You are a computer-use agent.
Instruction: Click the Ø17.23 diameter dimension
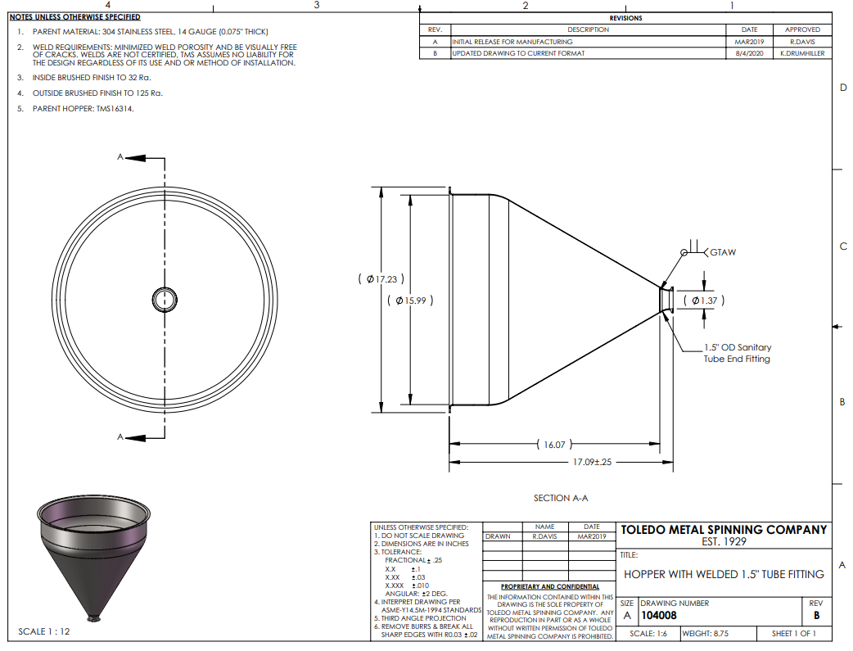[381, 279]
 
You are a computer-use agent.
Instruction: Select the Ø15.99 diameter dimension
[410, 301]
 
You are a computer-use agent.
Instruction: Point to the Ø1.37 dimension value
[704, 301]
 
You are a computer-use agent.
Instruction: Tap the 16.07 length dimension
[554, 445]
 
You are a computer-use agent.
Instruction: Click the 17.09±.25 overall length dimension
[592, 462]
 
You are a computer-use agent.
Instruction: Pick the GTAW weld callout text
[723, 252]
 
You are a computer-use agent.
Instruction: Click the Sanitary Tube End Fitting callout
[737, 353]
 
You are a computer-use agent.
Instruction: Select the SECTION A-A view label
[560, 498]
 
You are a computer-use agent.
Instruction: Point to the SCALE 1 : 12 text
[44, 631]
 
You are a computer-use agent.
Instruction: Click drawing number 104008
[659, 616]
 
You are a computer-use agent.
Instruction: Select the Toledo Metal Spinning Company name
[724, 530]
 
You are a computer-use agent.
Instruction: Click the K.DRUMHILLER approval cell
[802, 53]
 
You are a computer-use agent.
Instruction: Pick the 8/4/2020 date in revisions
[749, 53]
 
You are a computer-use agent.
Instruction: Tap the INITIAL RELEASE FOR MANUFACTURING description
[512, 42]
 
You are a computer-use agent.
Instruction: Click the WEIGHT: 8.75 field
[705, 634]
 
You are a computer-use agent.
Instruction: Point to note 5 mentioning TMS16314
[75, 109]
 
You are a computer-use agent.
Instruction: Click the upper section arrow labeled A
[141, 158]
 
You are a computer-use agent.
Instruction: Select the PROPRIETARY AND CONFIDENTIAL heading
[550, 587]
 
